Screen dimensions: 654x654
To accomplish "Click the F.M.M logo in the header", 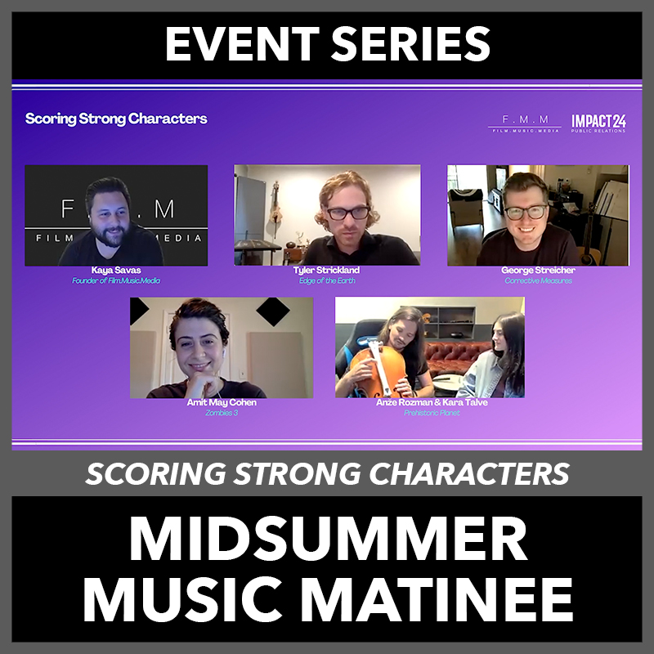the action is pyautogui.click(x=525, y=124).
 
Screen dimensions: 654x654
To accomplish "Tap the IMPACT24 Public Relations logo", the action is pyautogui.click(x=598, y=123).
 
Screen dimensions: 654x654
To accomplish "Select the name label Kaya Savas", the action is pyautogui.click(x=116, y=271).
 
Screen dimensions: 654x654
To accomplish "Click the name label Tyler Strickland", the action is pyautogui.click(x=326, y=271).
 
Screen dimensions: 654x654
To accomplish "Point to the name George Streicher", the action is pyautogui.click(x=538, y=271).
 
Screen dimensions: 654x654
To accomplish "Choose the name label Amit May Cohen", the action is pyautogui.click(x=222, y=402).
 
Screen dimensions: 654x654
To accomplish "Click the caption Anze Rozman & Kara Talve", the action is pyautogui.click(x=432, y=402).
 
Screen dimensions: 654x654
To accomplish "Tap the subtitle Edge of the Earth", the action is pyautogui.click(x=327, y=280).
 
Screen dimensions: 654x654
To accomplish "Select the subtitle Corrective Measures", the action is pyautogui.click(x=538, y=280).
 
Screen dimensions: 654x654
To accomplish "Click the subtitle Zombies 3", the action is pyautogui.click(x=222, y=413).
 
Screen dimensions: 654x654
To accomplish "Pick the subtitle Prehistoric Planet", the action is pyautogui.click(x=432, y=413).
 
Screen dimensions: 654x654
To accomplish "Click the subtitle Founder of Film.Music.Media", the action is pyautogui.click(x=116, y=280).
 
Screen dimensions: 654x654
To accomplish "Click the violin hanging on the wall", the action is pyautogui.click(x=275, y=208).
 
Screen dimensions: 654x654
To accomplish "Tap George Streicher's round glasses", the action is pyautogui.click(x=526, y=212).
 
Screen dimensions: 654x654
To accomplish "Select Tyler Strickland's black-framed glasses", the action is pyautogui.click(x=348, y=213).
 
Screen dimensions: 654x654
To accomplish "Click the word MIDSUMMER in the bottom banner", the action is pyautogui.click(x=329, y=539).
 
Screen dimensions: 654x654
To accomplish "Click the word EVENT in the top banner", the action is pyautogui.click(x=242, y=44).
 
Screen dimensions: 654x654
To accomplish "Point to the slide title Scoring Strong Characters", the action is pyautogui.click(x=116, y=119).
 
